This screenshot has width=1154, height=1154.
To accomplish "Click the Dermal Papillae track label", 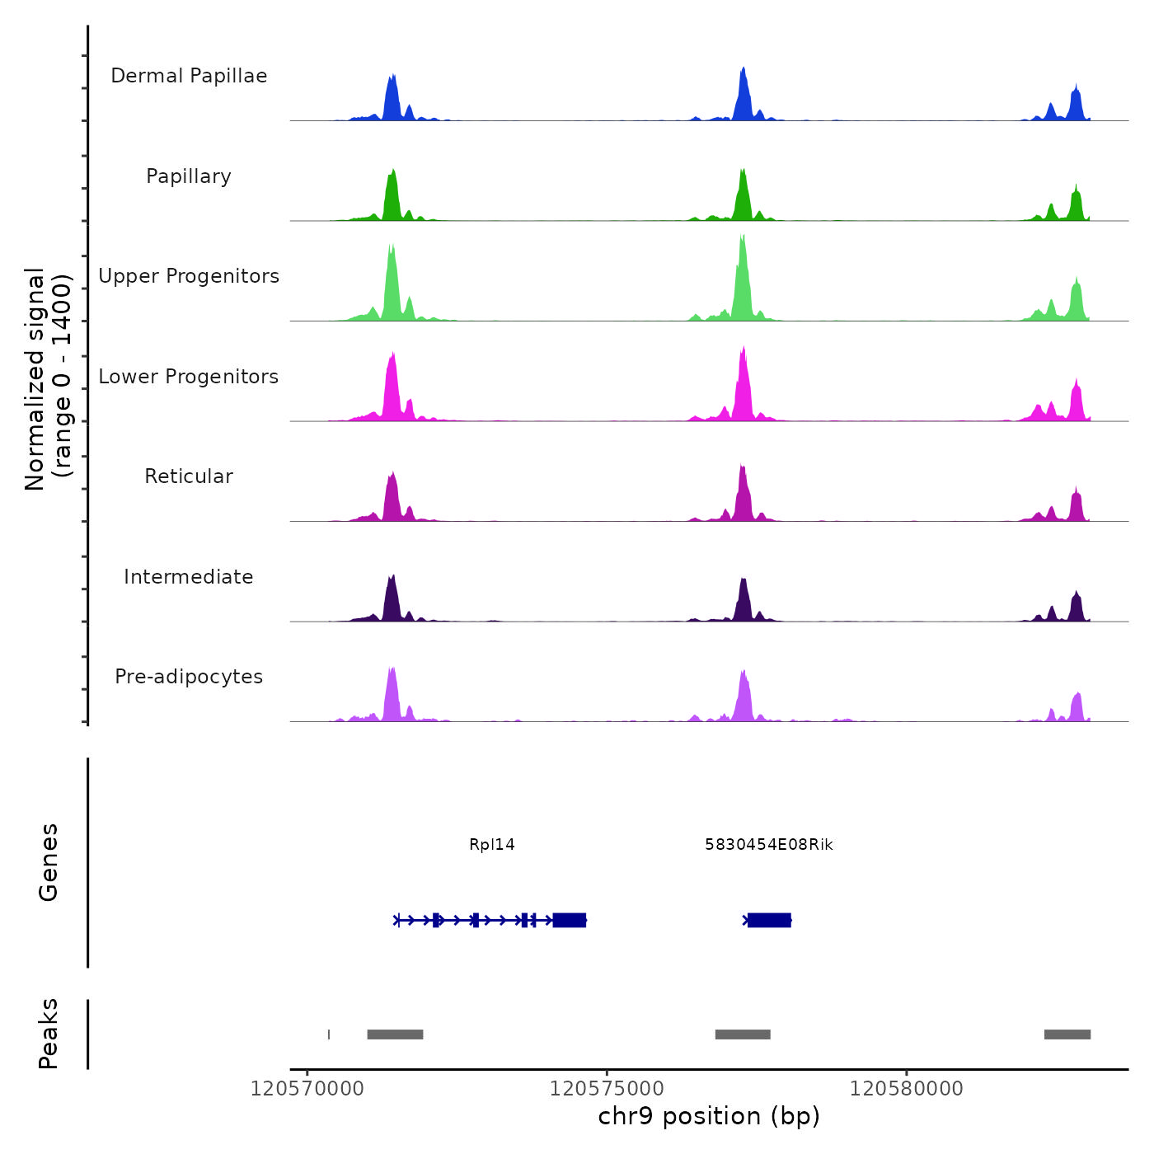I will click(189, 76).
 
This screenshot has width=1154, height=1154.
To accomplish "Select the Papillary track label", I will click(189, 176).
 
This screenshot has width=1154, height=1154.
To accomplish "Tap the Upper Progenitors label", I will click(189, 276).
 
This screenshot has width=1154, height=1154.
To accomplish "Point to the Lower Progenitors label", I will click(189, 377).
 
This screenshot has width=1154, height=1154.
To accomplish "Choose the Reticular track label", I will click(189, 476).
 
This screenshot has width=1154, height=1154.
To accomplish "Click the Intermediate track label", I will click(189, 577).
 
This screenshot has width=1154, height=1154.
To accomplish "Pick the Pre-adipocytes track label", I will click(189, 677).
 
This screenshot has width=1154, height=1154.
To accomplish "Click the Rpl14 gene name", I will click(492, 845).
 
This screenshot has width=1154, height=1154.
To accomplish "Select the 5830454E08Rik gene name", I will click(769, 845).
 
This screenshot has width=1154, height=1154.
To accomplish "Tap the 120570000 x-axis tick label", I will click(307, 1089).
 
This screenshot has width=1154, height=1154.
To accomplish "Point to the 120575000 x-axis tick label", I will click(607, 1089).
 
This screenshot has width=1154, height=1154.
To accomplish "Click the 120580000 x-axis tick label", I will click(907, 1089).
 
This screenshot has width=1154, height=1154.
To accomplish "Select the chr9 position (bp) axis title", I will click(709, 1117).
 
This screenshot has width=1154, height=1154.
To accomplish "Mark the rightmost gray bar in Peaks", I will click(1067, 1034).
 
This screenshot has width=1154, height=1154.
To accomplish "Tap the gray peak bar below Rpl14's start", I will click(395, 1034).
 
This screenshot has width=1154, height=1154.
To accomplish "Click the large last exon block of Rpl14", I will click(570, 920).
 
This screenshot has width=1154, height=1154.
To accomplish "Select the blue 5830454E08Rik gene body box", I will click(769, 920).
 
